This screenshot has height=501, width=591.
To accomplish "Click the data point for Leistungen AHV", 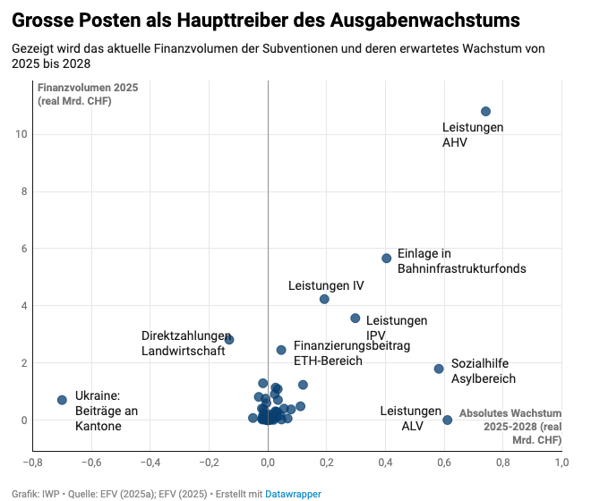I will [485, 112].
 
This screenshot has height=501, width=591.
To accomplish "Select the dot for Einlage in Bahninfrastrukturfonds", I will [387, 258].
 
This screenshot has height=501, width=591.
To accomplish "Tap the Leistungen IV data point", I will [324, 299].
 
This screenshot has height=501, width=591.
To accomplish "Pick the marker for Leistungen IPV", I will [355, 318].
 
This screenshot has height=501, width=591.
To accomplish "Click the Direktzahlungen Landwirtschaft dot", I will [229, 340].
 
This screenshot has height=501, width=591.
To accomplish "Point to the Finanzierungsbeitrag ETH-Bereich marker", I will [281, 350].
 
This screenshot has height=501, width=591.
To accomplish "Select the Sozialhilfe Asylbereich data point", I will [439, 369].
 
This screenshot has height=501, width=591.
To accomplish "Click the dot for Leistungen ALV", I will [448, 420].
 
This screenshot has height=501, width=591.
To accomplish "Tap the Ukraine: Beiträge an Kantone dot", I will [62, 400].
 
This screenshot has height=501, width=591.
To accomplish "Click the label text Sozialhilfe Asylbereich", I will [483, 371].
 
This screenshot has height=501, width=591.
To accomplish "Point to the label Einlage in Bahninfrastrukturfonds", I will [461, 260].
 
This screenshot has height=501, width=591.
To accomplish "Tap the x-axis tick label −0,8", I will [32, 463].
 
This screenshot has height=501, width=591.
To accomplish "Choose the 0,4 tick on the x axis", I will [386, 463].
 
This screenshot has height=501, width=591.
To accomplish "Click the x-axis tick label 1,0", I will [561, 463].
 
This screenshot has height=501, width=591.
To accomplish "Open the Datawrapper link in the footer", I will [293, 494].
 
